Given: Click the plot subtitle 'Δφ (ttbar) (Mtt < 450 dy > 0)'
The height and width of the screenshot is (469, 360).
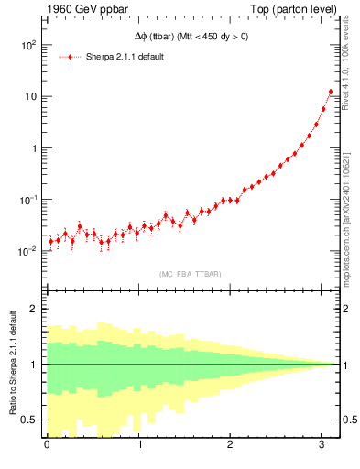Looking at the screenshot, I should click(x=190, y=37).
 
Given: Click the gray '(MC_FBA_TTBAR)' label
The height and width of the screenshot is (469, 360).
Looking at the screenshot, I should click(x=191, y=274).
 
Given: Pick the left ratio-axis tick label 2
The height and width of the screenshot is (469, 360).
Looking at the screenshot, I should click(x=35, y=309).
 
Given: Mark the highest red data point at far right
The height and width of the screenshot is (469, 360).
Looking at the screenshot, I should click(x=331, y=92).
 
